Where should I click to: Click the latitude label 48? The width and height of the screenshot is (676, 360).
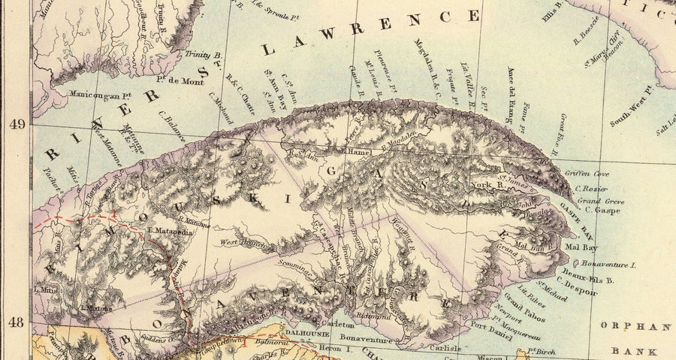pyautogui.click(x=14, y=322)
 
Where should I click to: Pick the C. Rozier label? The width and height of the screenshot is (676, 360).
pyautogui.click(x=591, y=189)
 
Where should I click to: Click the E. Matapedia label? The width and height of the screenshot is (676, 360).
pyautogui.click(x=172, y=231)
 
